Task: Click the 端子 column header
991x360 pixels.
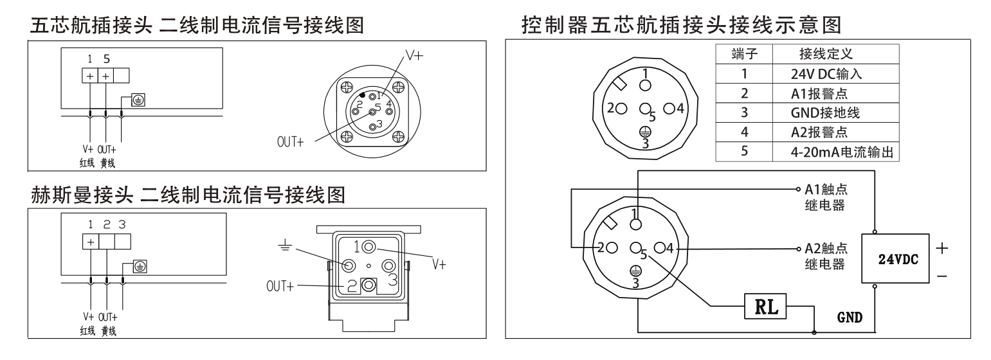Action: point(743,53)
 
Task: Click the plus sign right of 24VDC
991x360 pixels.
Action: point(942,248)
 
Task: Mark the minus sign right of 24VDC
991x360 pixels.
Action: point(942,275)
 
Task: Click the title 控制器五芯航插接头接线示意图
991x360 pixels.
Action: point(681,26)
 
